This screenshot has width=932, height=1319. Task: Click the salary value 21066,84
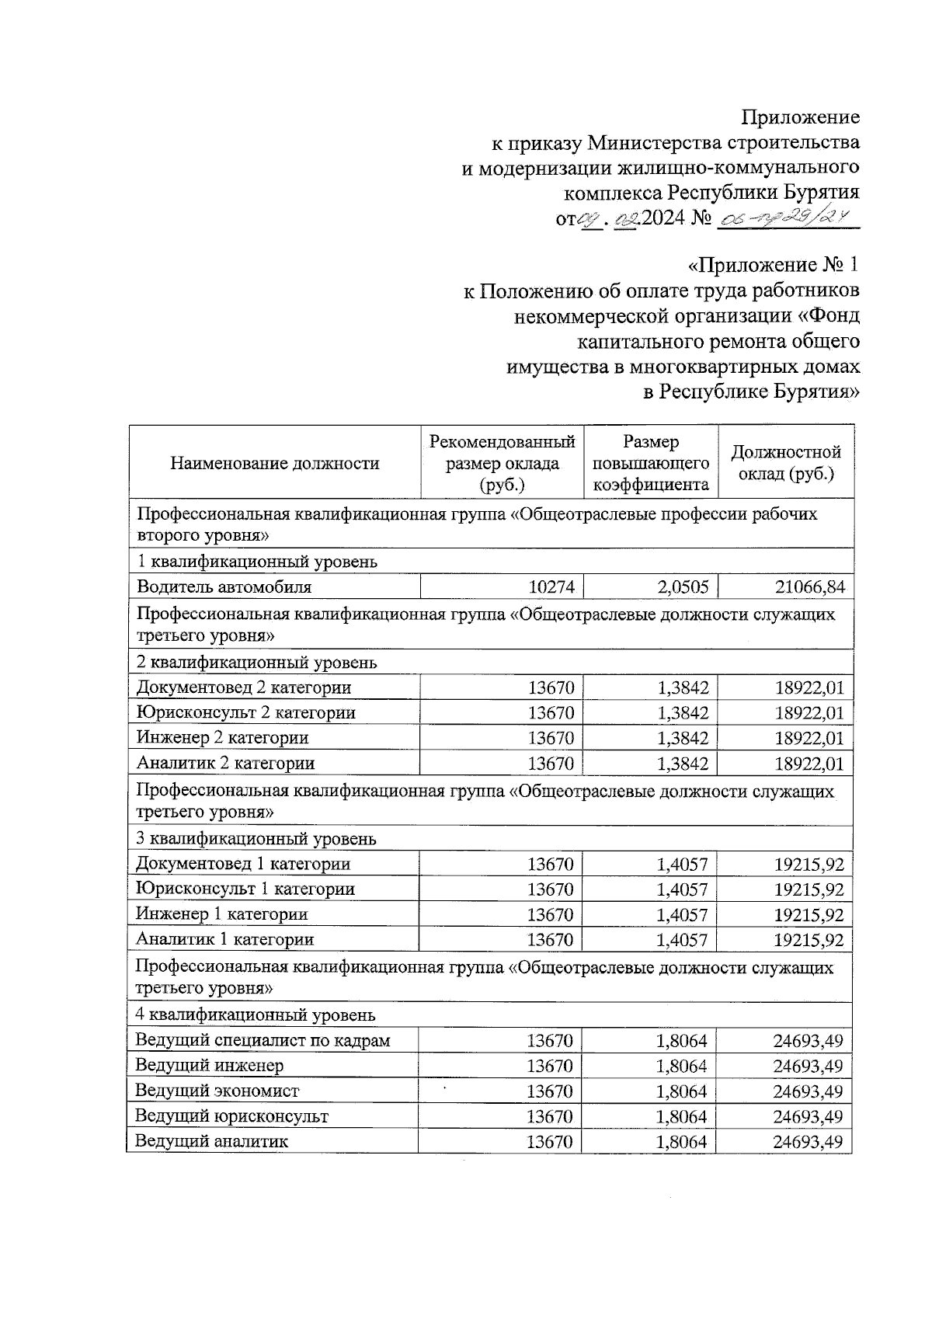pos(809,587)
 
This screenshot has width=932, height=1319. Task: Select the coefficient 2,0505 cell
pos(683,587)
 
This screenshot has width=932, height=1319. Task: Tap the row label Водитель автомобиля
pos(224,587)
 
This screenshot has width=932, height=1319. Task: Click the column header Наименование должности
pos(275,464)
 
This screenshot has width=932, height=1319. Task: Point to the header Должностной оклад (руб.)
pos(786,463)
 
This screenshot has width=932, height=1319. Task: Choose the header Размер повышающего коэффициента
pos(650,463)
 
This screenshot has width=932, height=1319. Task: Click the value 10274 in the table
pos(551,587)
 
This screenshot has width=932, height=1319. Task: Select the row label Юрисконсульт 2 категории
pos(245,712)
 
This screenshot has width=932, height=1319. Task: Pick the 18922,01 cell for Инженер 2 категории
pos(809,738)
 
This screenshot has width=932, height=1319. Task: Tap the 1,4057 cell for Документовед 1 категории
pos(682,864)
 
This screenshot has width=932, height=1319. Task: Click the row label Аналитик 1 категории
pos(224,939)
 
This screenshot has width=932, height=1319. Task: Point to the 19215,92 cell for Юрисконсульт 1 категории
pos(809,889)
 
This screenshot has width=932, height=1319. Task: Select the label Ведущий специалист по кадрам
pos(263,1040)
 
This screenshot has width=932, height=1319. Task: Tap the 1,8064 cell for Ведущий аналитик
pos(681,1142)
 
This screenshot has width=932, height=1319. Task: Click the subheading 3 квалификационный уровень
pos(256,839)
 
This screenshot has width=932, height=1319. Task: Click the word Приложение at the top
pos(800,117)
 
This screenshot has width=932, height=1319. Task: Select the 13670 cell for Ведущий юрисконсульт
pos(550,1117)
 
